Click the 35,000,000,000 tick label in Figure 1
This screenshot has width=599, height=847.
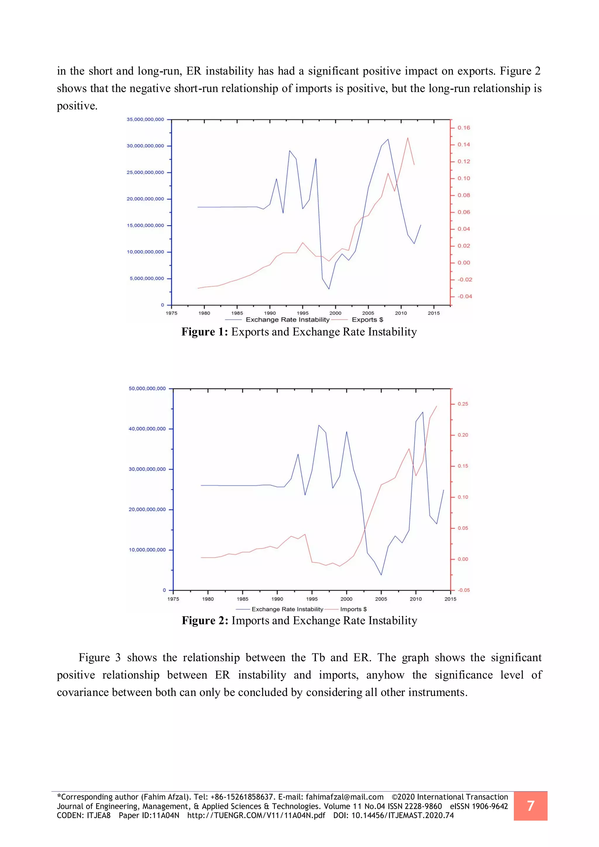click(145, 120)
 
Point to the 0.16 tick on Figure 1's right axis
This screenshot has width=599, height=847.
click(464, 128)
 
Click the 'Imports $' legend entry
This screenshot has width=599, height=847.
click(353, 609)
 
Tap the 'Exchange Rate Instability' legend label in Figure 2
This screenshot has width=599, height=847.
click(287, 609)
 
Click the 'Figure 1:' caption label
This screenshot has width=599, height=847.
click(205, 332)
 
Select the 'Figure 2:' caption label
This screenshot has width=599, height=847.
click(205, 621)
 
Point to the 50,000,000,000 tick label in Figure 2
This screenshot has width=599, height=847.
click(147, 388)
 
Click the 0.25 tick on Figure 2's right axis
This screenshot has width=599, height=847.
click(463, 404)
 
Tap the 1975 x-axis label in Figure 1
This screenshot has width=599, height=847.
click(171, 313)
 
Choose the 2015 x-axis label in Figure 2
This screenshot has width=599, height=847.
click(450, 599)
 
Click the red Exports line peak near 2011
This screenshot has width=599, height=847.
click(407, 138)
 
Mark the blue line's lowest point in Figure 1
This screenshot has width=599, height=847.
click(329, 289)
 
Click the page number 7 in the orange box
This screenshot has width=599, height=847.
click(530, 806)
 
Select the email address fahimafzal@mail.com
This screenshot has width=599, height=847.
click(345, 797)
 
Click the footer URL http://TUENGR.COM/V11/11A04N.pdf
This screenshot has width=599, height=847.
click(256, 815)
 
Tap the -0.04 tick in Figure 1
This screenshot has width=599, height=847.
click(465, 296)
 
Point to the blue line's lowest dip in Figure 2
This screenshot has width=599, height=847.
click(381, 575)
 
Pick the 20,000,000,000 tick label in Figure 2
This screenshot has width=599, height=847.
click(147, 509)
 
